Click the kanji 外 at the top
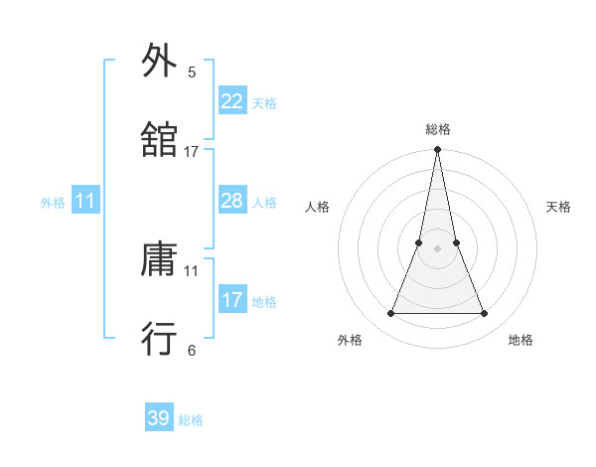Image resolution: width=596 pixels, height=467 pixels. (159, 61)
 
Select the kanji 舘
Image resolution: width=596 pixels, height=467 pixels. (159, 140)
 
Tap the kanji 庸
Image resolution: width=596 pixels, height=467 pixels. (159, 260)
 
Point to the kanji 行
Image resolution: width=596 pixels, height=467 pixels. (159, 339)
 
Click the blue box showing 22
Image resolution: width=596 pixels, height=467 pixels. (231, 100)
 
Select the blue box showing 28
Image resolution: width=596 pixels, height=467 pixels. (231, 201)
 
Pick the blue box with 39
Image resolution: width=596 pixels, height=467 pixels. (159, 418)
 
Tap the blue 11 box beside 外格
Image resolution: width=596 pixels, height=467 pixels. (85, 201)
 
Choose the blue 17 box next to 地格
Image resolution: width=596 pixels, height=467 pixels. (231, 300)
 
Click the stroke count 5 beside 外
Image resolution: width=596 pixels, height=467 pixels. (192, 72)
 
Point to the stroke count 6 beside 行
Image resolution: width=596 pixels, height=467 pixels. (192, 350)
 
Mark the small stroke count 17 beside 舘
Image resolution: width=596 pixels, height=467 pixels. (192, 151)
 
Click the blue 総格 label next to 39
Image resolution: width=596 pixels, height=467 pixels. (191, 420)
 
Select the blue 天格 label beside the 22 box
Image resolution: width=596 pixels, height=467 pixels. (264, 102)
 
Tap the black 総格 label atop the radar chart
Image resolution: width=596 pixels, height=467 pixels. (438, 129)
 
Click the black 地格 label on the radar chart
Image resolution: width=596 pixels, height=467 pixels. (521, 340)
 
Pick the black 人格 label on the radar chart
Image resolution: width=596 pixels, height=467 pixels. (318, 207)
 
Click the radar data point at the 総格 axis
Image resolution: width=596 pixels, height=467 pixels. (438, 150)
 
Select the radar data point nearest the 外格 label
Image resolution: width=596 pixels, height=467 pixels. (390, 314)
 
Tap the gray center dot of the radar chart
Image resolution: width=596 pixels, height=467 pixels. (438, 248)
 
